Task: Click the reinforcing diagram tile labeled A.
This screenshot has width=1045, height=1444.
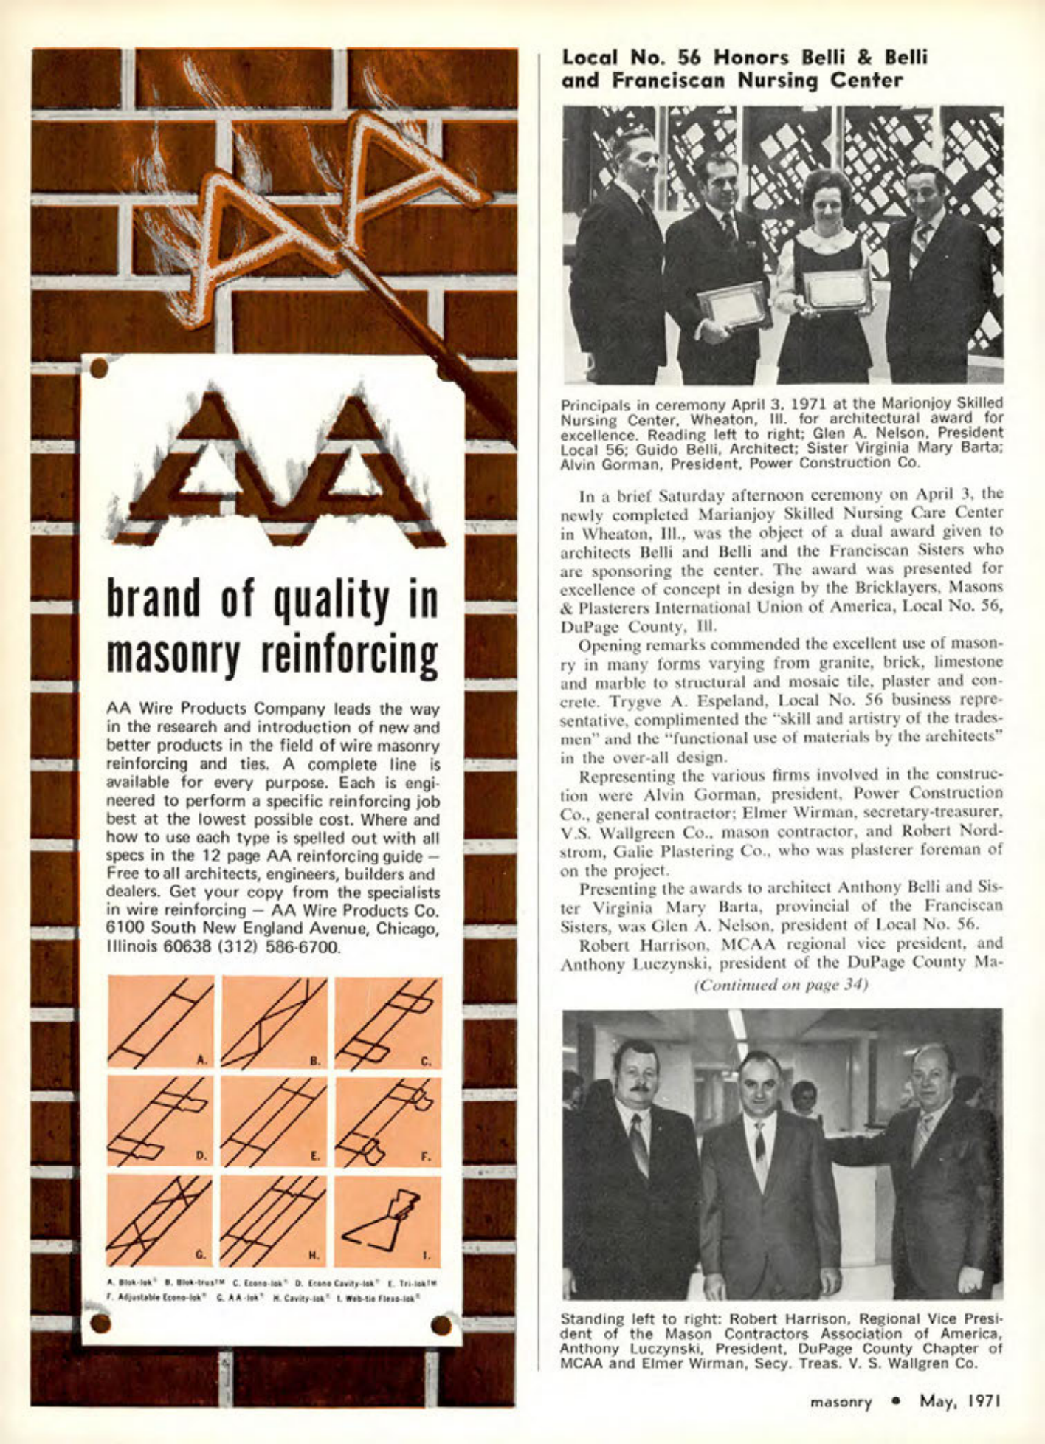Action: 161,1022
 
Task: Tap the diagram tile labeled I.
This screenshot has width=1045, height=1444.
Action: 387,1221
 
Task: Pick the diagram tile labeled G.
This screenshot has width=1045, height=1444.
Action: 161,1221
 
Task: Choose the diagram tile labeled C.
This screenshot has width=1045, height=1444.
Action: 387,1022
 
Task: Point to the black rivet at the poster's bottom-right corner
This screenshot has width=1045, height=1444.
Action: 441,1325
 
